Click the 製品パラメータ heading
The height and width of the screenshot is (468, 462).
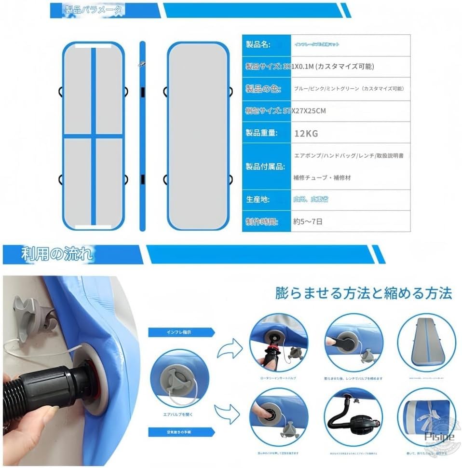click(x=94, y=10)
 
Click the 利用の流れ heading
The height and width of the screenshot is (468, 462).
click(x=57, y=254)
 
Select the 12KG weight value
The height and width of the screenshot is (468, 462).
click(x=306, y=134)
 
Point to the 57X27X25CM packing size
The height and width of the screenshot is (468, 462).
click(x=304, y=111)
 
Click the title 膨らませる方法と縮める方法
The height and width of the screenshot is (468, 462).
click(x=364, y=293)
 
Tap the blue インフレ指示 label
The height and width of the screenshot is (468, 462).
click(x=179, y=332)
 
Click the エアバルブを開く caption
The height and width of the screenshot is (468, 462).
click(x=179, y=413)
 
